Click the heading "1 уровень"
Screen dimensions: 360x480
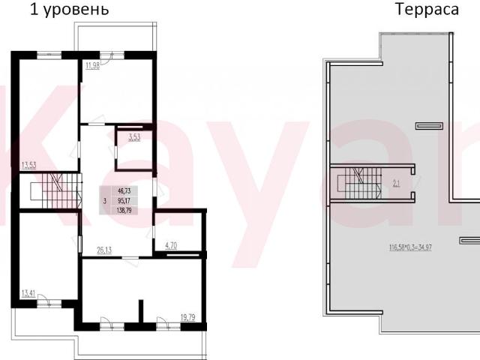[69, 10]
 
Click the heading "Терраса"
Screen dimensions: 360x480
[427, 10]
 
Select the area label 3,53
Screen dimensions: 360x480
[134, 137]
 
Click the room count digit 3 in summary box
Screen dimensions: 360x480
[104, 201]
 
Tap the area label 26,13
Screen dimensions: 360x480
[105, 251]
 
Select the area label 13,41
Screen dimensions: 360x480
[29, 292]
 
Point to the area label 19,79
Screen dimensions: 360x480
[190, 317]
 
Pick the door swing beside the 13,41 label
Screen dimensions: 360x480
[46, 301]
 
